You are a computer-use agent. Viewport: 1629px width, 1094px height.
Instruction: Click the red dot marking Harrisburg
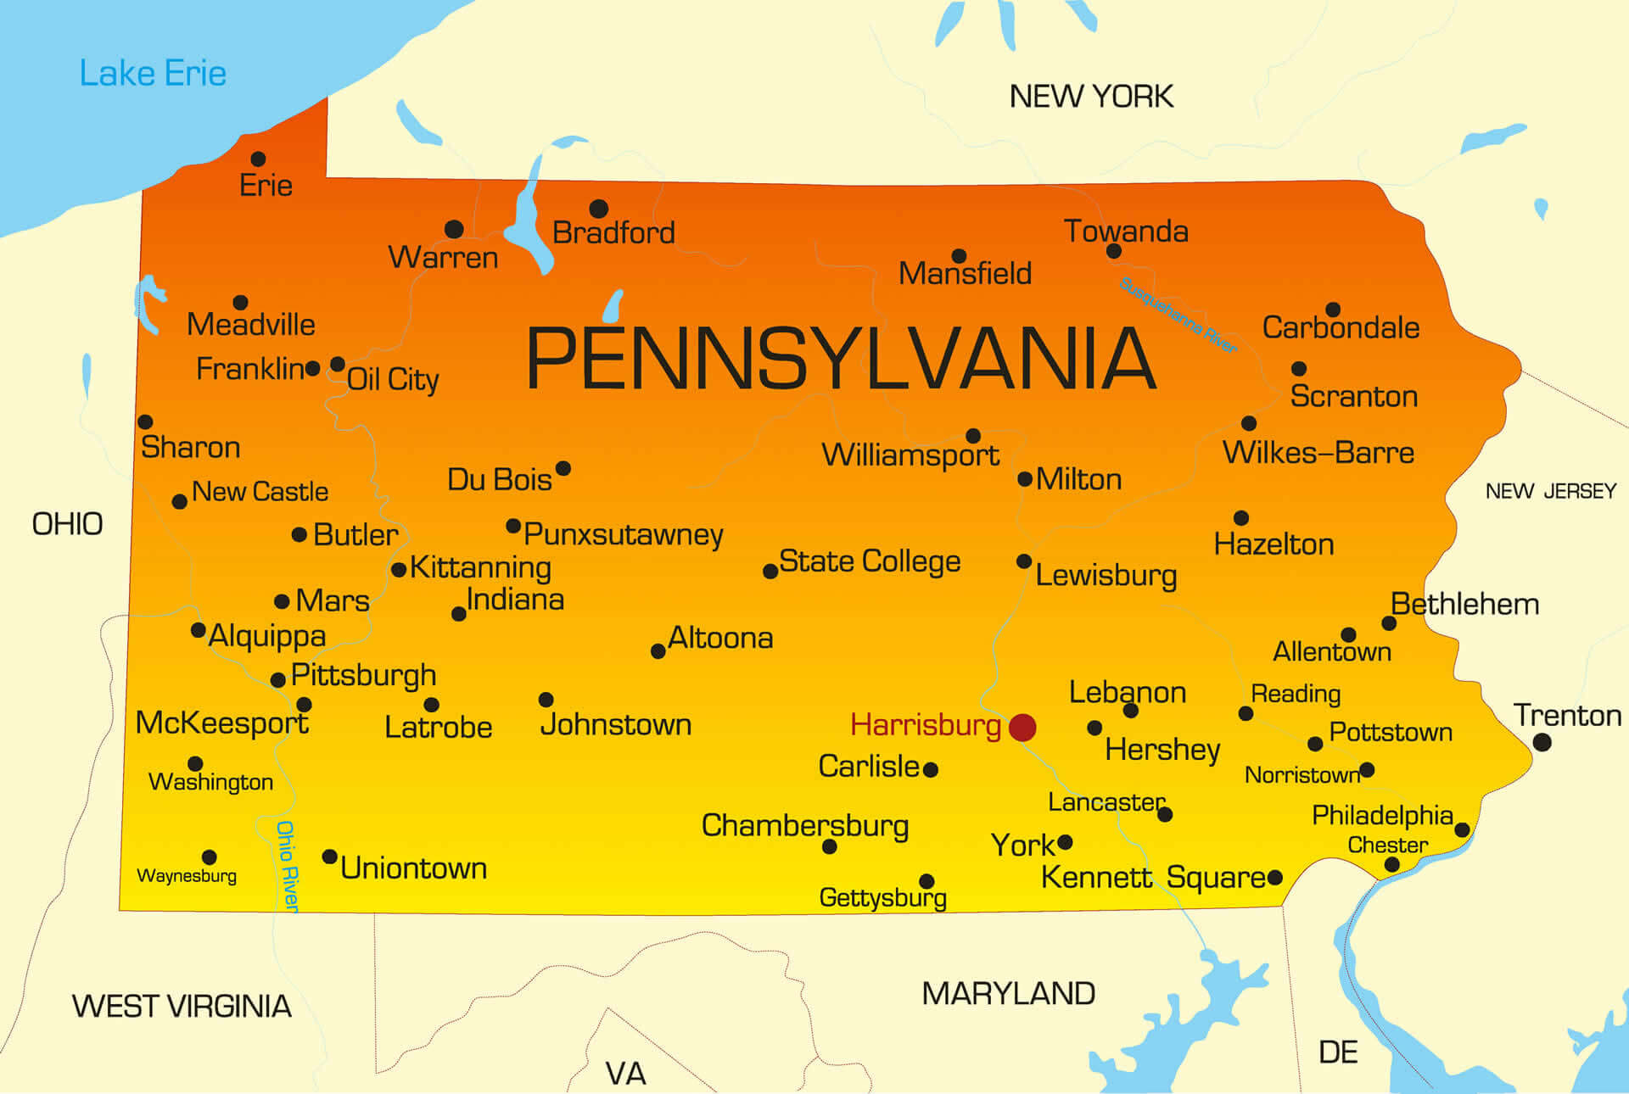[1022, 727]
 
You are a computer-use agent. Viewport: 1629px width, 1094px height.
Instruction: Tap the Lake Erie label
[153, 74]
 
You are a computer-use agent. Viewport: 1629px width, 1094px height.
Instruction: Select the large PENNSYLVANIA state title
[840, 359]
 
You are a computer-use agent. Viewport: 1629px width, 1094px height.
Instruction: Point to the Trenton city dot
[1542, 742]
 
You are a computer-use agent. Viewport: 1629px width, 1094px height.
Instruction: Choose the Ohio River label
[287, 865]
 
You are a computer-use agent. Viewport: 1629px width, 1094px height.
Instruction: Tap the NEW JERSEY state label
[1550, 491]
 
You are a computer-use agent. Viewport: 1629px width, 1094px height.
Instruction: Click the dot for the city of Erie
[259, 159]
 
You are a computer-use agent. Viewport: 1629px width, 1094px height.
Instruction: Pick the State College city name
[869, 561]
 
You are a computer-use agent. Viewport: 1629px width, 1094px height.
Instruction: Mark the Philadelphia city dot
[1462, 829]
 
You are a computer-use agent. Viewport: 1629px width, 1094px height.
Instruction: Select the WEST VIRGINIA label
[182, 1006]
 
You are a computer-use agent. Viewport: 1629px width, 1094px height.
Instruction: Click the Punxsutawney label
[623, 534]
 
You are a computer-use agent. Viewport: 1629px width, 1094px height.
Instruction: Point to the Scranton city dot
[1298, 368]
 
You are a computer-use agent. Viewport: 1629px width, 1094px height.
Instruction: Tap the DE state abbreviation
[1338, 1052]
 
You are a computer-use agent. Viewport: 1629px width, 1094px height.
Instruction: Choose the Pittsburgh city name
[363, 675]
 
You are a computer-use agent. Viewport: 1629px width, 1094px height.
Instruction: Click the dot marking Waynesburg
[210, 857]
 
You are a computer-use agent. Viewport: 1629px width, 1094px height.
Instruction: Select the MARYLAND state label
[1008, 993]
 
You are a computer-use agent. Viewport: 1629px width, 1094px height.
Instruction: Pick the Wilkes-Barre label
[1318, 453]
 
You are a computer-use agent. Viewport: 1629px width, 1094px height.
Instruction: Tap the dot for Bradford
[598, 208]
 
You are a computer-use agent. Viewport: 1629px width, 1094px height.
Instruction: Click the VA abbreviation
[625, 1074]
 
